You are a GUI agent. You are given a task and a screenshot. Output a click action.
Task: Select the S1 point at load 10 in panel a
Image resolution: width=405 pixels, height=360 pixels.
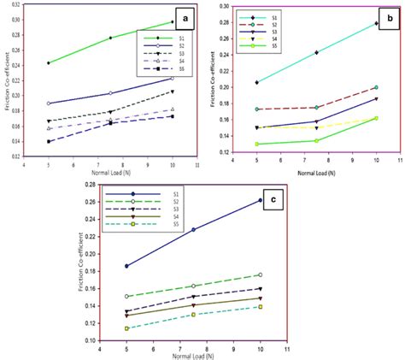(173, 22)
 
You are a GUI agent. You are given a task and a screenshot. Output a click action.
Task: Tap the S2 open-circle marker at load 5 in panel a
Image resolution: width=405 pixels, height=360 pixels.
(49, 103)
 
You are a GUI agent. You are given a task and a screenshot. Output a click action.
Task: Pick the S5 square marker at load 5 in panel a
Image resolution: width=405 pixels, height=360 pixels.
(49, 141)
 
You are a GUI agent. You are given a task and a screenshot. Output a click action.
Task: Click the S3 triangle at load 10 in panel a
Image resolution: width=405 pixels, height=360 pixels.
(173, 91)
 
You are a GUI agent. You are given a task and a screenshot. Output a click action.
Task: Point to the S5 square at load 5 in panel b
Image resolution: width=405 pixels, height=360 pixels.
(256, 145)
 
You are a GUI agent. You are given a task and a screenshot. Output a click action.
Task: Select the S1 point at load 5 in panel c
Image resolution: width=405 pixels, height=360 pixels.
(126, 266)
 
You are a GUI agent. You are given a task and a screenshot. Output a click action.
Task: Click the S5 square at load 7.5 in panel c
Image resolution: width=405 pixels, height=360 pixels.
(193, 315)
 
